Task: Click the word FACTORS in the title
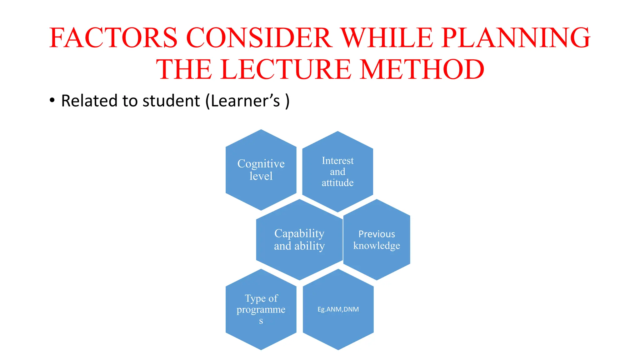coord(113,38)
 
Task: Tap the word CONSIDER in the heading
coord(259,38)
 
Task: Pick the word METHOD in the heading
coord(422,69)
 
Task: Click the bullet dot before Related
coord(52,101)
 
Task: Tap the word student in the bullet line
coord(171,101)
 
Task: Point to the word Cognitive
coord(261,164)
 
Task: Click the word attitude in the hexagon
coord(337,182)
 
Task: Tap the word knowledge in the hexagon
coord(377,246)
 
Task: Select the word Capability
coord(299,233)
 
